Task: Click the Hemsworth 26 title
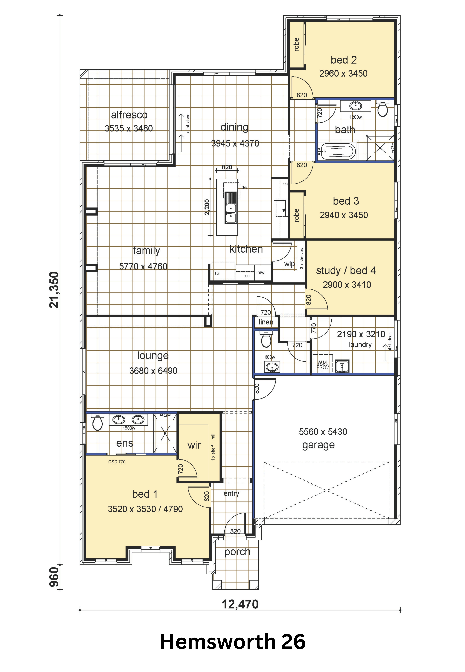(x=232, y=642)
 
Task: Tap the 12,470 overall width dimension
(x=240, y=604)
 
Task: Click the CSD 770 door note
(x=117, y=462)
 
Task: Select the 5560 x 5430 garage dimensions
(x=323, y=432)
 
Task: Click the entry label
(x=231, y=494)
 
